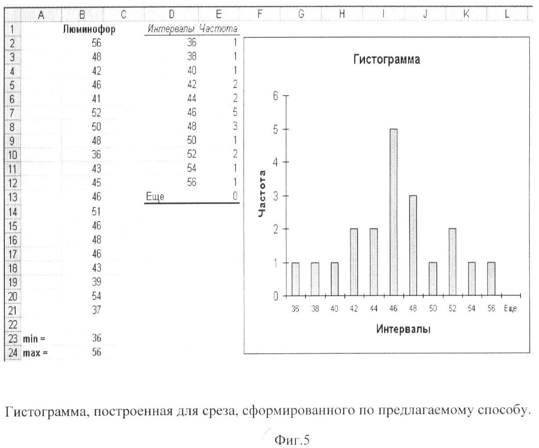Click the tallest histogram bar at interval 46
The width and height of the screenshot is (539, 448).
click(x=393, y=212)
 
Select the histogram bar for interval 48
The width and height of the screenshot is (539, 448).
click(x=413, y=245)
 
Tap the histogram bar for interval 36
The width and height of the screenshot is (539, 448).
click(x=295, y=279)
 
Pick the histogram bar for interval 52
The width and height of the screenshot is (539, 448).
click(x=452, y=262)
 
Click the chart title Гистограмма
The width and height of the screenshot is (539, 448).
click(x=387, y=60)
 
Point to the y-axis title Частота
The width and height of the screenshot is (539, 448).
click(x=263, y=194)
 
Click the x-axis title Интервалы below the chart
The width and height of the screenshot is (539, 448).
click(x=403, y=329)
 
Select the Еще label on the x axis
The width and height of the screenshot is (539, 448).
click(x=510, y=309)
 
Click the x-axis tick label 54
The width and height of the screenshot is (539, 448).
click(x=472, y=309)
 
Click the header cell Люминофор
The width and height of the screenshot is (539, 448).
click(x=89, y=30)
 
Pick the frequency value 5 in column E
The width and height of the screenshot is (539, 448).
click(x=235, y=112)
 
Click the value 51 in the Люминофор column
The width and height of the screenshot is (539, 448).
click(x=96, y=211)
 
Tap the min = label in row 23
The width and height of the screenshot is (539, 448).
click(x=34, y=338)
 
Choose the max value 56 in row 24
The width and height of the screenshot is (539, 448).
click(x=96, y=352)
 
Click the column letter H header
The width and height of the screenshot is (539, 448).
click(x=341, y=14)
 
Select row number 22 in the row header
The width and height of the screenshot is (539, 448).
click(x=13, y=325)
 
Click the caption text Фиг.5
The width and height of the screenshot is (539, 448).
click(x=292, y=439)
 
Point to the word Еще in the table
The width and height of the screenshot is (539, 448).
click(x=155, y=197)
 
